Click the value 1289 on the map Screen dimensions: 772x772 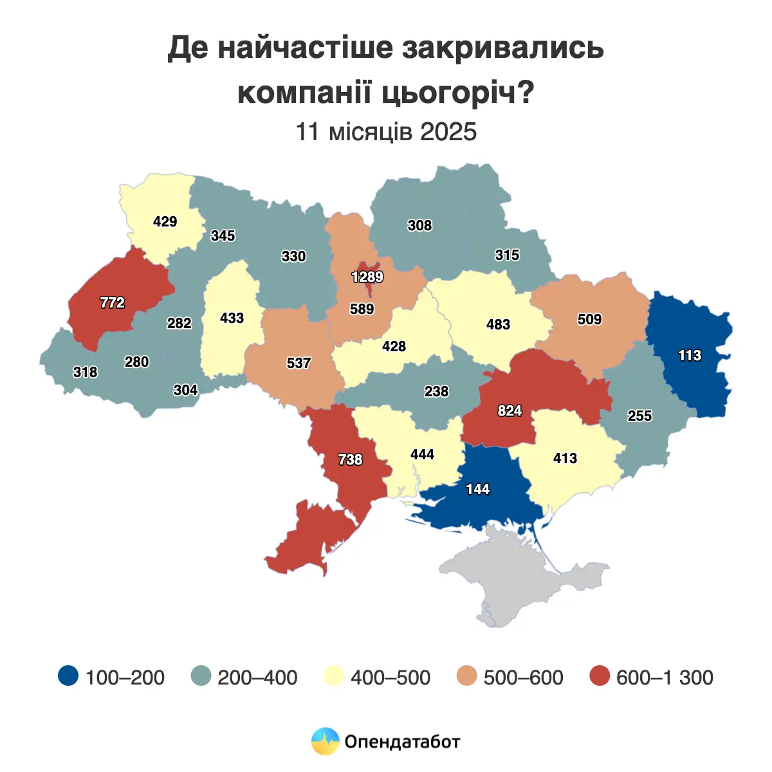pos(367,277)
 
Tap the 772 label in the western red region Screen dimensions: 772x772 pos(113,302)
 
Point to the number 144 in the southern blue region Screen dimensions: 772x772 pos(478,490)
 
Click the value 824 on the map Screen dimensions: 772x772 pos(510,411)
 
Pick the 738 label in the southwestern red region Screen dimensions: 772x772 pos(351,460)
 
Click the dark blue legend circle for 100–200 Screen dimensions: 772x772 pos(68,676)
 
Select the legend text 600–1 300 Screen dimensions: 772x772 pos(665,677)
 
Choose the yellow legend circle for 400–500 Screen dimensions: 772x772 pos(333,676)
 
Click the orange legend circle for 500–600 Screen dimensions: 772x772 pos(466,676)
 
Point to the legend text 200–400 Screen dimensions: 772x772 pos(257,677)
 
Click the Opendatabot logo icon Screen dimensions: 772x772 pos(325,741)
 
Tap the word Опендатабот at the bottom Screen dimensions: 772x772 pos(403,742)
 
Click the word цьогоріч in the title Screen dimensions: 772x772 pos(458,93)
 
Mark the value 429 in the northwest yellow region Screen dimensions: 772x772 pos(165,222)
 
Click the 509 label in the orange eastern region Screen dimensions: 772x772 pos(589,320)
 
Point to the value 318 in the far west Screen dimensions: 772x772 pos(85,372)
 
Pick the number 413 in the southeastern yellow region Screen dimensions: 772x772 pos(565,459)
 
